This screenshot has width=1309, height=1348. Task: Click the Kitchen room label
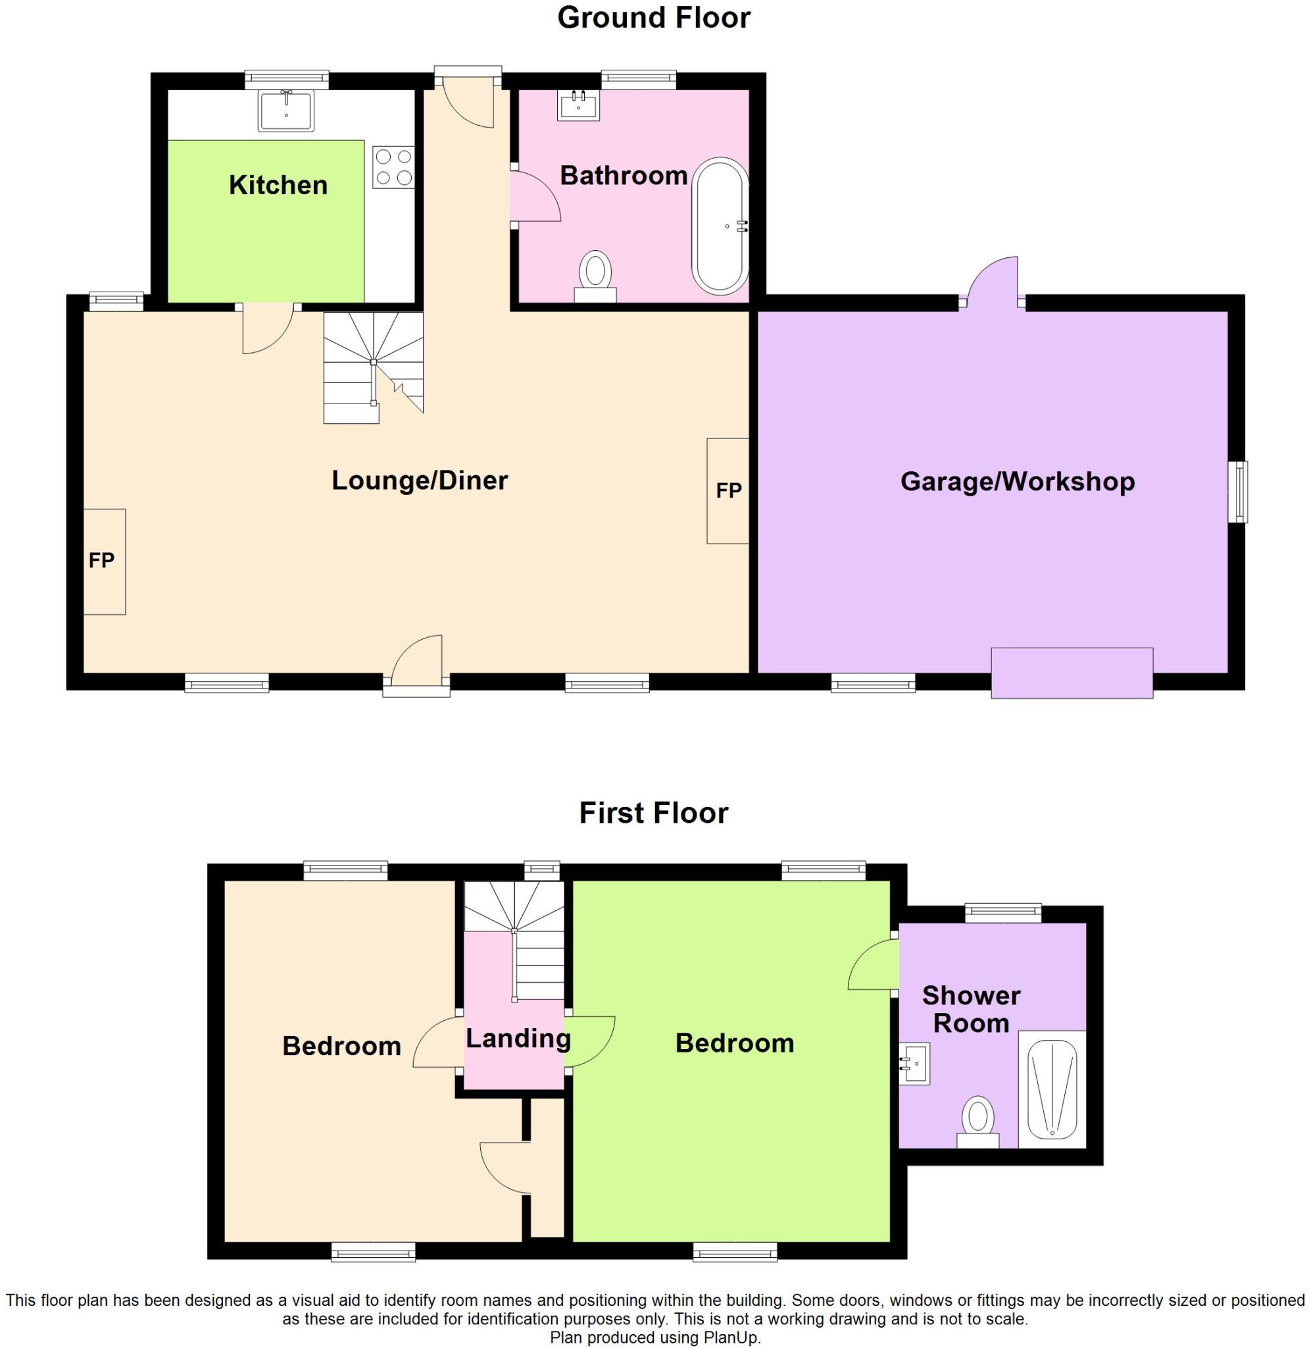click(278, 185)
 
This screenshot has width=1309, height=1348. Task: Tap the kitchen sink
click(285, 111)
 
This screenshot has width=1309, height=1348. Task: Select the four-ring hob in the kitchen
click(394, 167)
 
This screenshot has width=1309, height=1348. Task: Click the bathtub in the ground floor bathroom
click(720, 226)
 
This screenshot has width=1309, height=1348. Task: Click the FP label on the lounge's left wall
click(102, 561)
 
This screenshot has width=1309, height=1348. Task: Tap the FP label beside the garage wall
click(729, 490)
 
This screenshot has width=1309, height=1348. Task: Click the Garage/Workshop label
click(1018, 481)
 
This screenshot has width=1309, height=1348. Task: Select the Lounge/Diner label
click(420, 480)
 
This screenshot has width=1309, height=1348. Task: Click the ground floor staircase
click(372, 367)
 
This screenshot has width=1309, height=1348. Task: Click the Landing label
click(518, 1038)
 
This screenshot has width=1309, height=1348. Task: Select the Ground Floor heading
click(654, 18)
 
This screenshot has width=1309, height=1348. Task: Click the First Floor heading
click(653, 813)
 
